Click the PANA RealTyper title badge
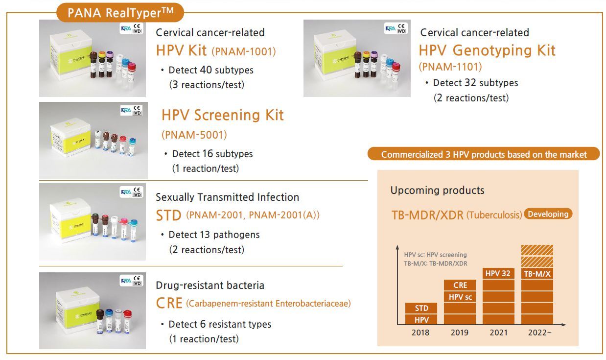[x=120, y=12]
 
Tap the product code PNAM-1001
[x=244, y=51]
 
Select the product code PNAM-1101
[x=450, y=67]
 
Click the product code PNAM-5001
[x=194, y=135]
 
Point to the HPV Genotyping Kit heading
[x=487, y=50]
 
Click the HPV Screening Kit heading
[x=222, y=115]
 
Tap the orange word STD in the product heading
[x=168, y=216]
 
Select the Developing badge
[x=548, y=214]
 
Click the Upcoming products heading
[x=437, y=190]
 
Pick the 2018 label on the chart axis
[x=420, y=333]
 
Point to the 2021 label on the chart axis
[x=498, y=333]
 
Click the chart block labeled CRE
[x=460, y=285]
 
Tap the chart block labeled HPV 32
[x=498, y=273]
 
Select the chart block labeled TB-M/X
[x=537, y=274]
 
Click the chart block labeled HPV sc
[x=460, y=297]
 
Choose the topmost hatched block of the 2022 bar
[x=537, y=250]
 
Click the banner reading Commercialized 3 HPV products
[x=484, y=154]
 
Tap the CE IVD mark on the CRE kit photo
[x=137, y=281]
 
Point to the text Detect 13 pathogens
[x=214, y=235]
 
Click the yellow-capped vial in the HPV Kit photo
[x=101, y=64]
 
